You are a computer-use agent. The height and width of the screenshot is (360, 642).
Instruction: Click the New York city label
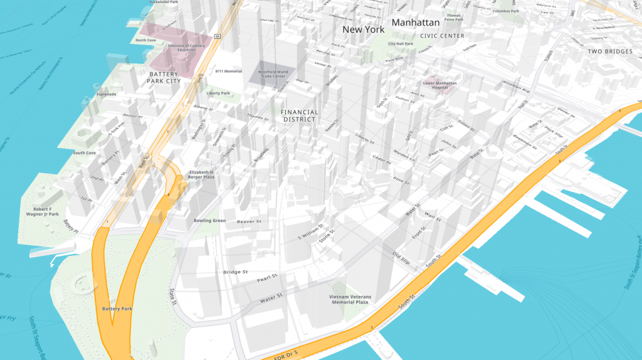(x=364, y=29)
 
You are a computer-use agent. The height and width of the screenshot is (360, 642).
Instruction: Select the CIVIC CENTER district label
(x=442, y=36)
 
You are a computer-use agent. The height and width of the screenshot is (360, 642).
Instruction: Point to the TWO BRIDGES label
(x=610, y=51)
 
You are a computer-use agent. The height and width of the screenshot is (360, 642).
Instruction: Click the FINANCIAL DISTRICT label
(x=300, y=116)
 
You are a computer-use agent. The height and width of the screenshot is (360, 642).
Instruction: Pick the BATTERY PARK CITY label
(x=164, y=77)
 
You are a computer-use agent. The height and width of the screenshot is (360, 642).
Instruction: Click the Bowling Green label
(x=209, y=221)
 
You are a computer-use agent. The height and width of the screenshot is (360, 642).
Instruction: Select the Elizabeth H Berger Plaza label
(x=201, y=174)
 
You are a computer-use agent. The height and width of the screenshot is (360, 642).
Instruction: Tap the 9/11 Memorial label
(x=228, y=71)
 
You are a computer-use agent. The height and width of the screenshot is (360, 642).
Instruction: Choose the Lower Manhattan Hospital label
(x=439, y=85)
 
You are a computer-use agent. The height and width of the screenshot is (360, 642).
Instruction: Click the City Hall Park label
(x=400, y=44)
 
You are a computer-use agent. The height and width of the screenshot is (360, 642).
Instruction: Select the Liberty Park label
(x=218, y=93)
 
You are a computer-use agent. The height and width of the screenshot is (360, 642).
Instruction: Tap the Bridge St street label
(x=236, y=272)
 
